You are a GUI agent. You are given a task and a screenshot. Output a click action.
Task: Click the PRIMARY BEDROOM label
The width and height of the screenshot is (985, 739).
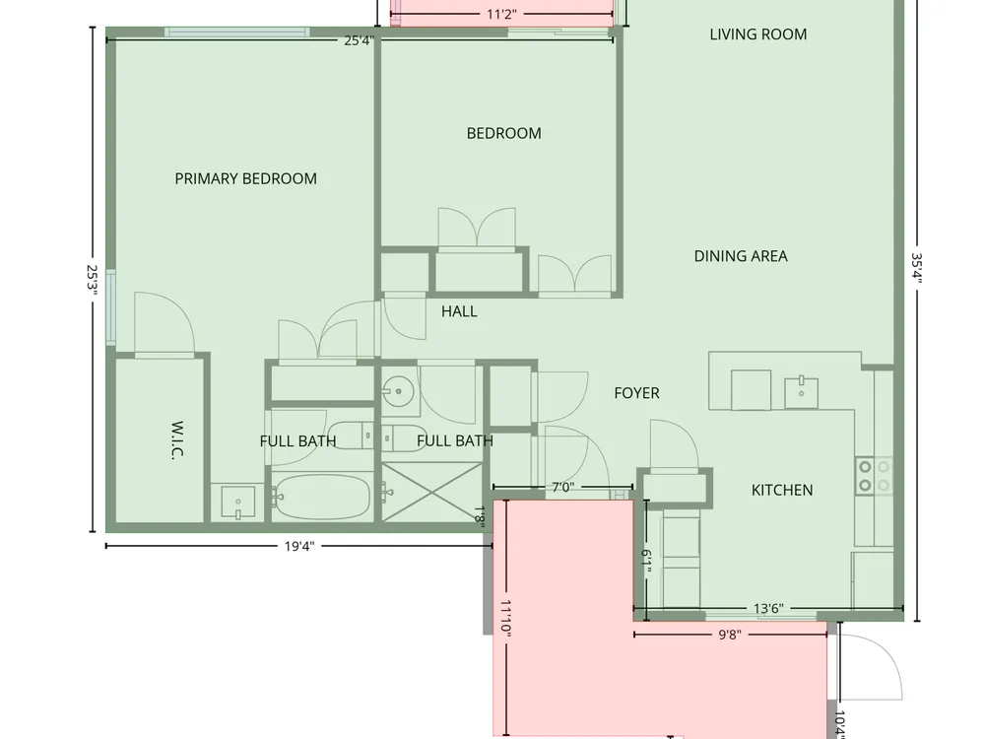click(245, 178)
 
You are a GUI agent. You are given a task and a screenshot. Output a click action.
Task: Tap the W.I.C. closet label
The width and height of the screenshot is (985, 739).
click(177, 439)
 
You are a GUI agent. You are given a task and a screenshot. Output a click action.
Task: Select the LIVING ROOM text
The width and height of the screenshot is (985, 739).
click(758, 34)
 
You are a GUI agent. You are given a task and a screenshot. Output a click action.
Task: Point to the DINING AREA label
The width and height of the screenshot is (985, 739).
click(741, 256)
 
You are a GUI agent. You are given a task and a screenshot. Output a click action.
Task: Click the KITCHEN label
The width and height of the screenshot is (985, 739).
click(782, 490)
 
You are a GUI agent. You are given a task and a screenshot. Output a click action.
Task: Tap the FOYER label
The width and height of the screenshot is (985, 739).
click(636, 393)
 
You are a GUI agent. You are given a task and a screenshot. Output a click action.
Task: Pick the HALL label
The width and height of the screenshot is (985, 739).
click(459, 311)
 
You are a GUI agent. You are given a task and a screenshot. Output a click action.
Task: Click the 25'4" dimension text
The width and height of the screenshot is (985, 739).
click(360, 40)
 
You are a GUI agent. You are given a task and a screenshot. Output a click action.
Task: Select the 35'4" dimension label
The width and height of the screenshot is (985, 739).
click(916, 268)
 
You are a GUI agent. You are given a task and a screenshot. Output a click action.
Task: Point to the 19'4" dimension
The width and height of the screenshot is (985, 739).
click(299, 546)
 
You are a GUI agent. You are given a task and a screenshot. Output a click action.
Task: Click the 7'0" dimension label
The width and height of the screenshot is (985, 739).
click(562, 487)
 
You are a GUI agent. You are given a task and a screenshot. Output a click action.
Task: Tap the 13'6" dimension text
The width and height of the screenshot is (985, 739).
click(768, 608)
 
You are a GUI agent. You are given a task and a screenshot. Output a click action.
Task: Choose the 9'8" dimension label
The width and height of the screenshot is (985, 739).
click(730, 635)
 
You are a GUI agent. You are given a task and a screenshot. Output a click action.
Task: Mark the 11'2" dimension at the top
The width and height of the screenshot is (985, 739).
click(501, 15)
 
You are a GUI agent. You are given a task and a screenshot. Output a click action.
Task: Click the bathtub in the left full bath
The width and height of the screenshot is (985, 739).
click(320, 497)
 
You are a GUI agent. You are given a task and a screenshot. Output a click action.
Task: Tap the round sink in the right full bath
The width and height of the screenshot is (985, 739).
click(398, 392)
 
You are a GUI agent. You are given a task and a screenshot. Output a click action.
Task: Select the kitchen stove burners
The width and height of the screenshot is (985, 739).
click(874, 476)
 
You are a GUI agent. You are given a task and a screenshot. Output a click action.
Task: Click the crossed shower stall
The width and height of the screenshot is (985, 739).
click(431, 492)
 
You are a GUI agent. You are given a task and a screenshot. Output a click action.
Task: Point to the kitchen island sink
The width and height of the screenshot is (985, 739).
click(801, 393)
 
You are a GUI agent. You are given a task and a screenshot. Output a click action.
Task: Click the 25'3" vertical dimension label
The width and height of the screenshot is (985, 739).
click(93, 280)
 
